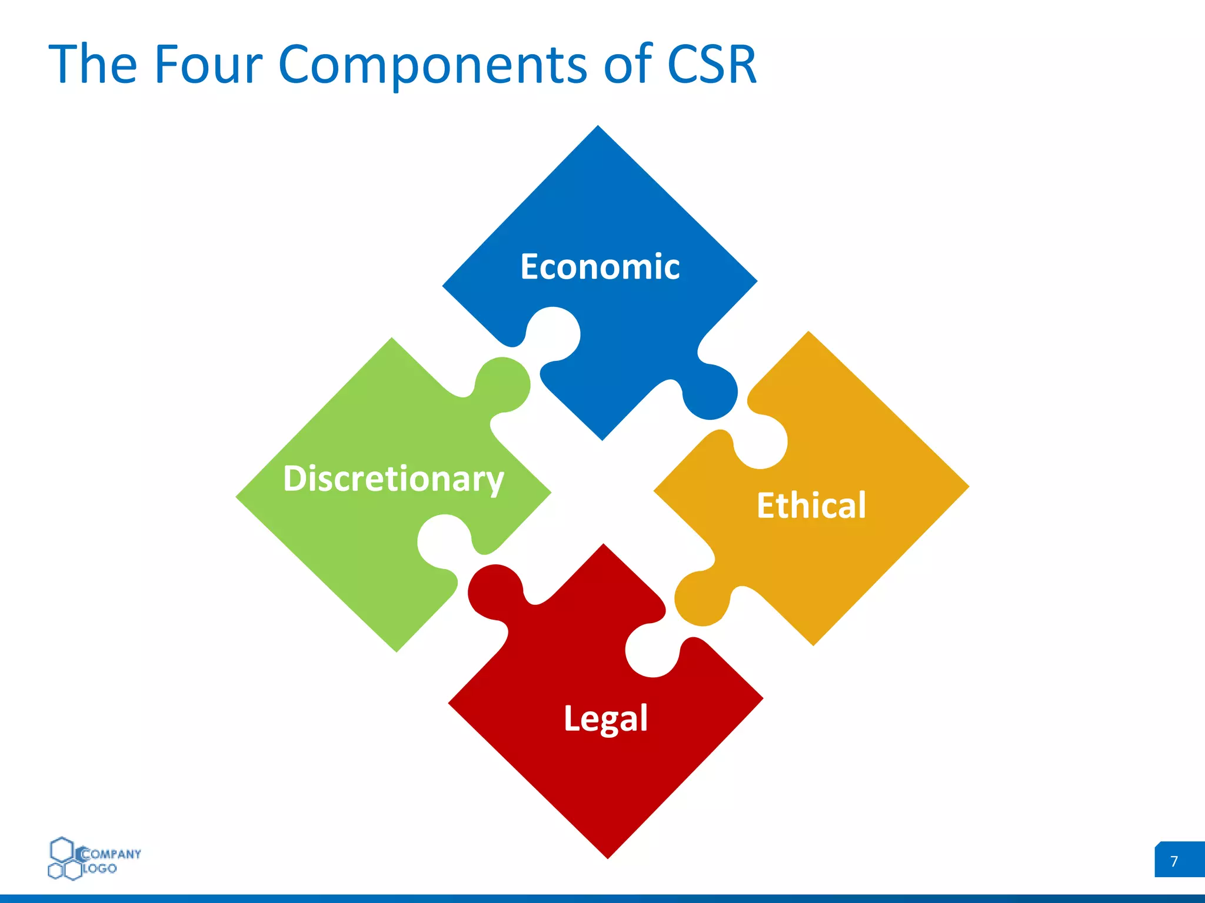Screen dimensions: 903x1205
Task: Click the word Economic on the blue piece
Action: [x=600, y=267]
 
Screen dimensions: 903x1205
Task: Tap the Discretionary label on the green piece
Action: [x=393, y=479]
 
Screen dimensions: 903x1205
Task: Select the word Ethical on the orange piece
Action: [x=811, y=505]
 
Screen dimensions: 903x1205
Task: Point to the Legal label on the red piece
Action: [x=605, y=718]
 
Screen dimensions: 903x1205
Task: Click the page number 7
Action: [x=1174, y=861]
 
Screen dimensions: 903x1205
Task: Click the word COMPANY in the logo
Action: [x=111, y=854]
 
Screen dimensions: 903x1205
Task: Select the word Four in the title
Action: [x=207, y=64]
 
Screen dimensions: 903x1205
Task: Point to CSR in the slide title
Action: [x=711, y=64]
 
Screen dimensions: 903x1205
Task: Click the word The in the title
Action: [x=92, y=64]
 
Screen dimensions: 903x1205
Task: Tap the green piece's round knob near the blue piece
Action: [x=505, y=383]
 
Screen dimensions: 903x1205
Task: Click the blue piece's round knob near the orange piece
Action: [x=712, y=393]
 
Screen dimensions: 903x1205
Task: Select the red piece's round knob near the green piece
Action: [x=495, y=591]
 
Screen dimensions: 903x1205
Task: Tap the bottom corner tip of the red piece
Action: [x=608, y=855]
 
